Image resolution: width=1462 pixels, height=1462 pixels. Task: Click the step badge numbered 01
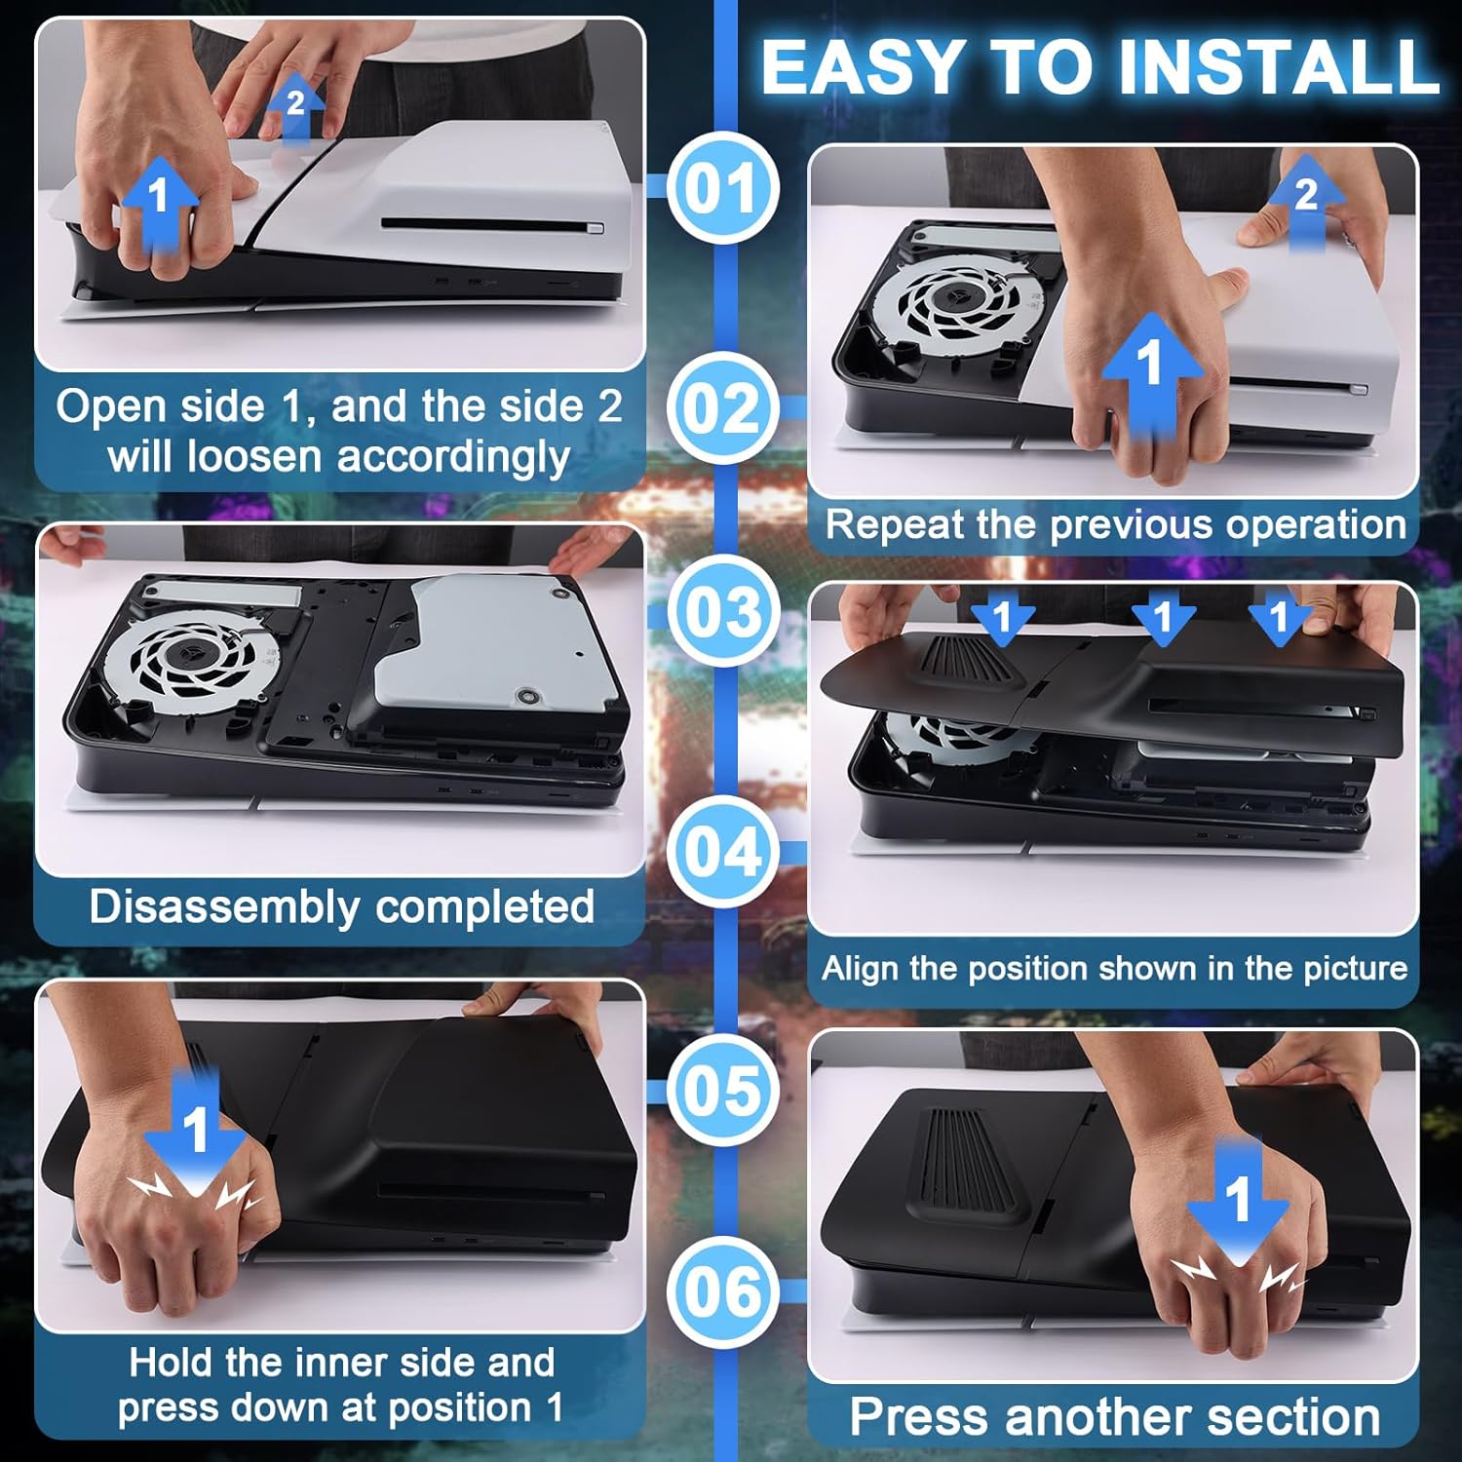coord(722,188)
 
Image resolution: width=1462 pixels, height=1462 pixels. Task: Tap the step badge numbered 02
coord(722,407)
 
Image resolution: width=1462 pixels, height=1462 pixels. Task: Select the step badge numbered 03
coord(722,612)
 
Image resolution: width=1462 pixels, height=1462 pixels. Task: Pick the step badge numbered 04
coord(722,851)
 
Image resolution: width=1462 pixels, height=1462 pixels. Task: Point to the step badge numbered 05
coord(722,1090)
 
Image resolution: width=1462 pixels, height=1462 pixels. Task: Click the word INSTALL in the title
coord(1280,67)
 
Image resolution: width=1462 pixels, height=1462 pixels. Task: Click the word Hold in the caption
coord(172,1363)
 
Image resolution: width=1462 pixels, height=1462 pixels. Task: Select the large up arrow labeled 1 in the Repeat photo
coord(1151,374)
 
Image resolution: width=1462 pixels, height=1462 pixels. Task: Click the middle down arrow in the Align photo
coord(1162,617)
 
